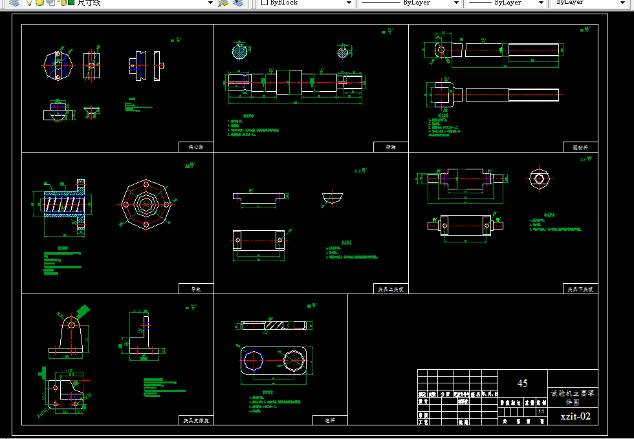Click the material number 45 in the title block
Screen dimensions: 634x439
click(x=522, y=383)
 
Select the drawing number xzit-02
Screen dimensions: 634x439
click(x=576, y=416)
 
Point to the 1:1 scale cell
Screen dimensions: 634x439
click(x=541, y=411)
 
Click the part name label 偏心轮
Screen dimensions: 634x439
click(x=196, y=147)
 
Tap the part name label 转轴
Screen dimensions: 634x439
click(x=391, y=147)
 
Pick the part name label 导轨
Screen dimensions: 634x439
click(x=196, y=289)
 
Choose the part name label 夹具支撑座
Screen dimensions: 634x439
click(x=196, y=420)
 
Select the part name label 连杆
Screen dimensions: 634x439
click(x=329, y=420)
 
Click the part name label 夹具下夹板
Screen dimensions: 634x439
click(x=580, y=289)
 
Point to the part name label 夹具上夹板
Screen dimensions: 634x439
click(x=391, y=289)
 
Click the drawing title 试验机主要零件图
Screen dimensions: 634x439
click(x=573, y=396)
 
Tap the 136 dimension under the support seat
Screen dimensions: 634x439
click(x=66, y=356)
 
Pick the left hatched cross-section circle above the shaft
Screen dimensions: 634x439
click(x=240, y=50)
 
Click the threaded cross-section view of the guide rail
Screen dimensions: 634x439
click(x=62, y=205)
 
